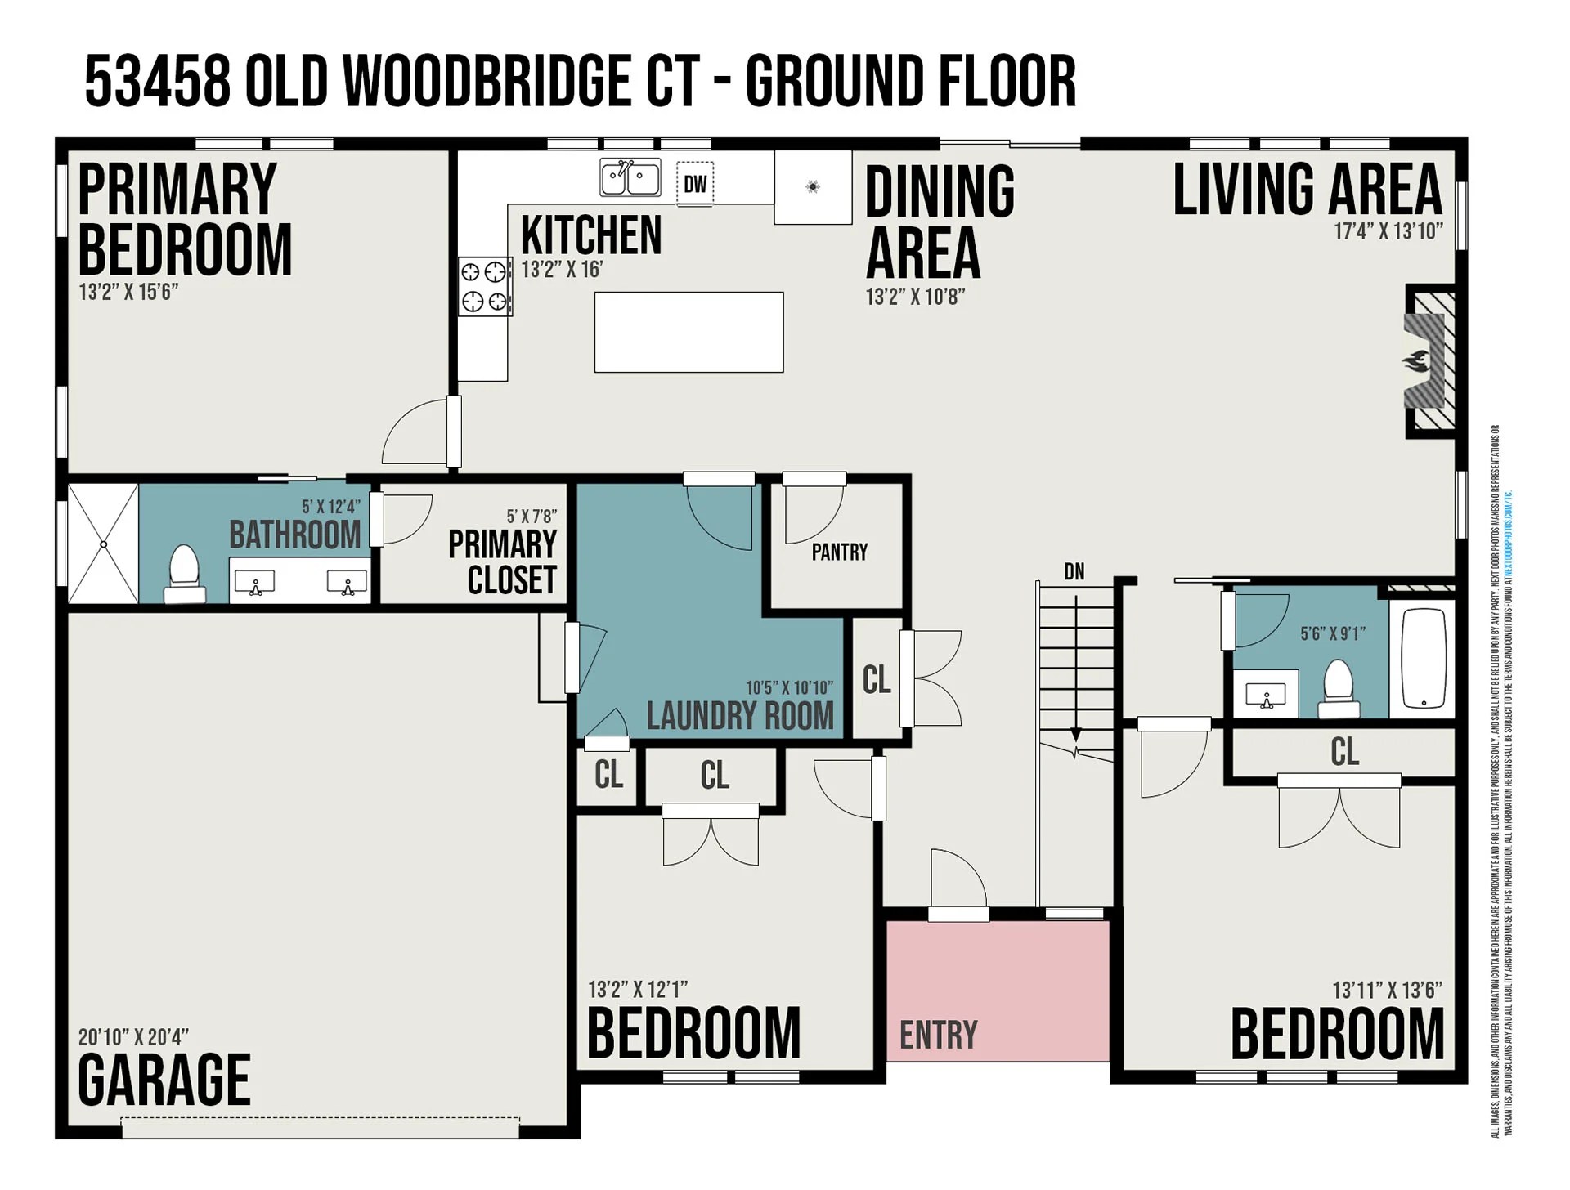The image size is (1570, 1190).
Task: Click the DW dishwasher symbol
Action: pos(695,184)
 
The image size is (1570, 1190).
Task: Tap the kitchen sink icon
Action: pos(630,178)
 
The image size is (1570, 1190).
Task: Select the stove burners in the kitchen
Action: pos(485,286)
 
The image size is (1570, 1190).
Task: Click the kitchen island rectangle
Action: pos(689,332)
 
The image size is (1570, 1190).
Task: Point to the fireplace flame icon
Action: pos(1416,361)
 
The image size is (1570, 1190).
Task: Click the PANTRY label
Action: pos(839,552)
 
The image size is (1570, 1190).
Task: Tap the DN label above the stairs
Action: pos(1074,571)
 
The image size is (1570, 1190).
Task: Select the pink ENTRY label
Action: pos(938,1035)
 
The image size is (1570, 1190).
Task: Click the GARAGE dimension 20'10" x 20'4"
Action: pos(133,1037)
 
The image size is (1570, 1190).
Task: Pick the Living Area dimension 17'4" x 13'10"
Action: pos(1388,231)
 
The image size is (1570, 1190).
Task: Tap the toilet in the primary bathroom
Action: pos(184,572)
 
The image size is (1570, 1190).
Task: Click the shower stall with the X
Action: pos(103,544)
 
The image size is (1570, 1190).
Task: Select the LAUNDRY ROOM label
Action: pos(740,716)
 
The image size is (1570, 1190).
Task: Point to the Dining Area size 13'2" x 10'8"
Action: pos(915,297)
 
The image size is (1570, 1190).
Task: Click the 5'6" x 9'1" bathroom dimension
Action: pos(1332,633)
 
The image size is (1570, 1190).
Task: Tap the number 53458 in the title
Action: pos(157,82)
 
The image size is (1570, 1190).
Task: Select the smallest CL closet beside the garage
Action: pos(608,774)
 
